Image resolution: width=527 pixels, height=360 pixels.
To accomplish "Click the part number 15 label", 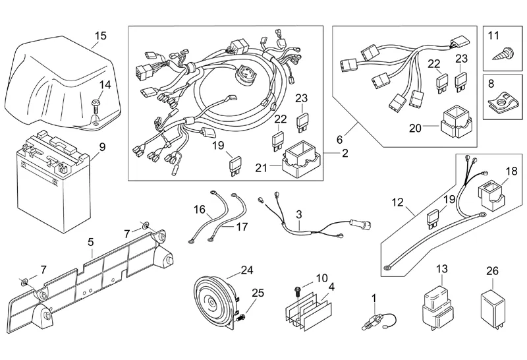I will [x=99, y=35].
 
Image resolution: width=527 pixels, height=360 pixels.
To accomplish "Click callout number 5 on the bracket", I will [x=92, y=241].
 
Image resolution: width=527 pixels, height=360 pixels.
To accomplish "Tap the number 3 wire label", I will [x=298, y=214].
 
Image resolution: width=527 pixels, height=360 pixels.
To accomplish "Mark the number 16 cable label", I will [x=200, y=209].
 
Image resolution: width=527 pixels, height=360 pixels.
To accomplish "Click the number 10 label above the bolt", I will [x=322, y=278].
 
